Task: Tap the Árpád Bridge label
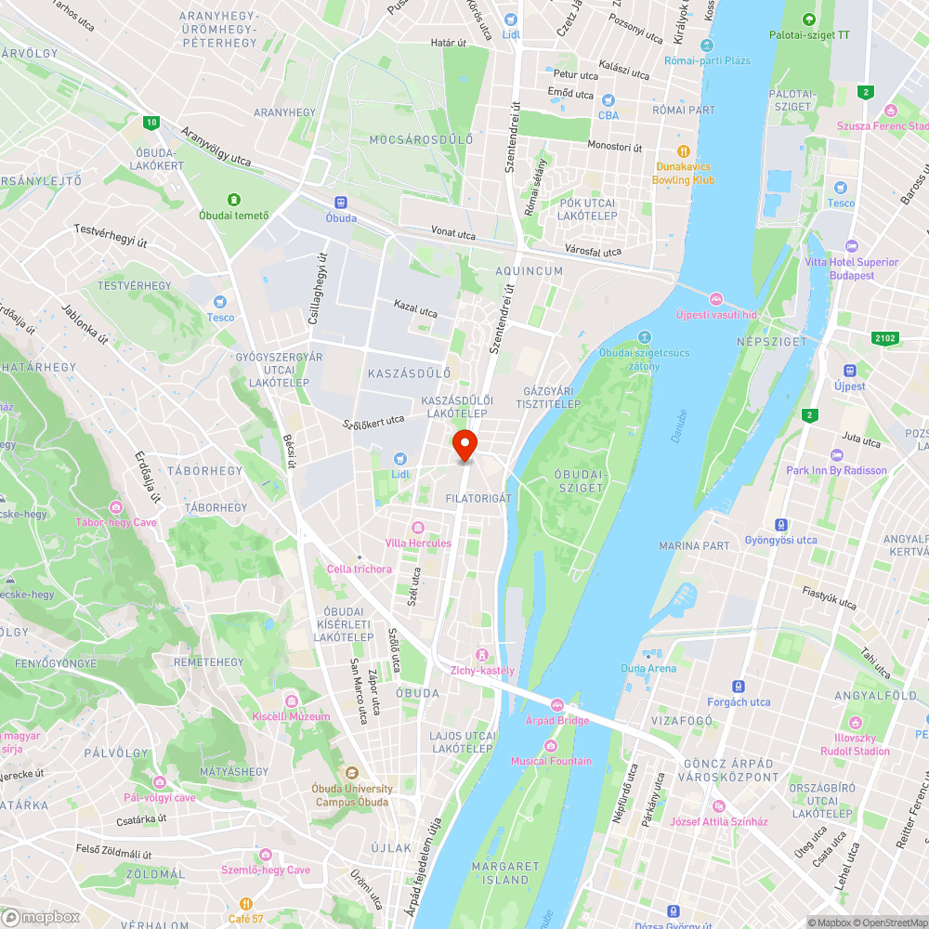pyautogui.click(x=557, y=719)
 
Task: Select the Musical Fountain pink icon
pyautogui.click(x=551, y=746)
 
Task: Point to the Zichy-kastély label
pyautogui.click(x=482, y=670)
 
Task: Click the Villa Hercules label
pyautogui.click(x=418, y=543)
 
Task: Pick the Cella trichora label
pyautogui.click(x=359, y=569)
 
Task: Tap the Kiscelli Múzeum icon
pyautogui.click(x=291, y=700)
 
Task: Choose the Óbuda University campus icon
pyautogui.click(x=351, y=773)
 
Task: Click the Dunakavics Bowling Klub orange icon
pyautogui.click(x=684, y=150)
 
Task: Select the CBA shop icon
pyautogui.click(x=608, y=100)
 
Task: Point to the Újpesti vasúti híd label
pyautogui.click(x=716, y=315)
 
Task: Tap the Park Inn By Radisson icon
pyautogui.click(x=836, y=455)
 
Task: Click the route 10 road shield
pyautogui.click(x=150, y=122)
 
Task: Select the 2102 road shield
pyautogui.click(x=884, y=338)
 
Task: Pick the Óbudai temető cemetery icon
pyautogui.click(x=234, y=200)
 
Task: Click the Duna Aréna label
pyautogui.click(x=648, y=668)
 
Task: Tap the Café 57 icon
pyautogui.click(x=246, y=903)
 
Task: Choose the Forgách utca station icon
pyautogui.click(x=739, y=687)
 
